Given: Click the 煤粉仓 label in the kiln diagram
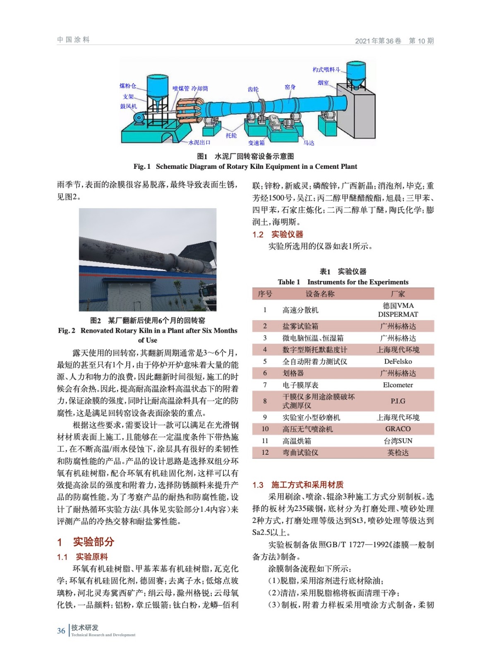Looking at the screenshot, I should point(127,86).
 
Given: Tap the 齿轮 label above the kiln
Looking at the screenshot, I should point(253,89).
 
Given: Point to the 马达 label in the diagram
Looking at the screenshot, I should point(309,143).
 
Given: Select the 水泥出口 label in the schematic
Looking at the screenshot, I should point(199,142).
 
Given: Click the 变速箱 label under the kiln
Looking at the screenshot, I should point(256,143).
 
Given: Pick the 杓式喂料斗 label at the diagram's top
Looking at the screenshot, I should point(326,70).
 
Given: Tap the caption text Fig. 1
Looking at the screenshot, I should point(142,166).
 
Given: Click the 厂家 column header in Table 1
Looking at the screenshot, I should point(398,294).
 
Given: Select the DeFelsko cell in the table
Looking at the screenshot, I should point(398,361).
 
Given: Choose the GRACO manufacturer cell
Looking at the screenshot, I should point(398,429).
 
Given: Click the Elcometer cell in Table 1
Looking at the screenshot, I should point(398,385).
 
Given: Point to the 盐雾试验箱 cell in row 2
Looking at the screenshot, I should point(300,326).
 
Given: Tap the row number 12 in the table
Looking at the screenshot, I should point(265,452).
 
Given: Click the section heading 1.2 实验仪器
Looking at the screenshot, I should point(278,235).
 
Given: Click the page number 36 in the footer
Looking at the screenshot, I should point(61,631).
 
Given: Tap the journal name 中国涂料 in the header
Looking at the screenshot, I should point(73,40).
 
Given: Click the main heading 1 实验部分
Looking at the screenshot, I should point(86,542).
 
